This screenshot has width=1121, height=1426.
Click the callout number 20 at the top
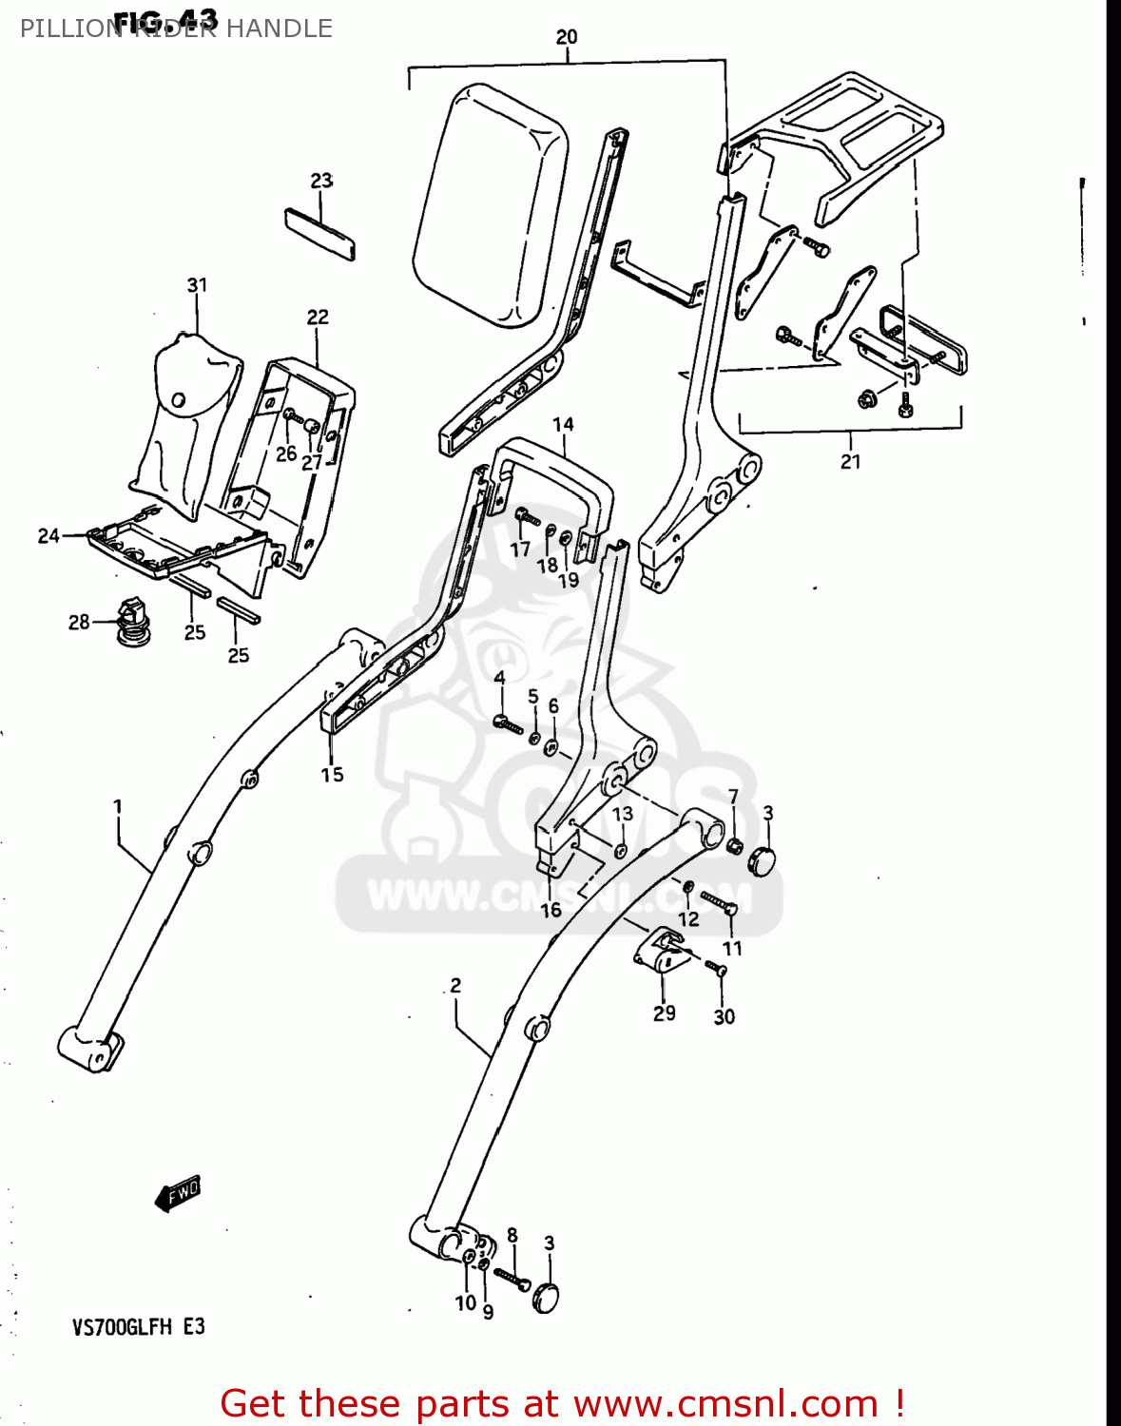pyautogui.click(x=567, y=37)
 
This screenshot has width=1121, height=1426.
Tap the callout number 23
pyautogui.click(x=321, y=181)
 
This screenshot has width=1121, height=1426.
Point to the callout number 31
pyautogui.click(x=197, y=285)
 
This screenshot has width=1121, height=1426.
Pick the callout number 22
pyautogui.click(x=318, y=318)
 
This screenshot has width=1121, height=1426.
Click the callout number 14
pyautogui.click(x=563, y=425)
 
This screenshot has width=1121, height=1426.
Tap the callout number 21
pyautogui.click(x=850, y=462)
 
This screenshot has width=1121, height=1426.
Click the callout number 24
pyautogui.click(x=48, y=536)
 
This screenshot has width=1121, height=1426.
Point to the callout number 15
pyautogui.click(x=332, y=775)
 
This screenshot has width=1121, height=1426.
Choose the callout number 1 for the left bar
pyautogui.click(x=118, y=807)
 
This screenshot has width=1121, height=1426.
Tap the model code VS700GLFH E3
pyautogui.click(x=138, y=1327)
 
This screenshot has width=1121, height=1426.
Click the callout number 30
pyautogui.click(x=725, y=1017)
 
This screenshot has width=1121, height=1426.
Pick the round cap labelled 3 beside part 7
pyautogui.click(x=762, y=860)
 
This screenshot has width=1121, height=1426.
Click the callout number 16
pyautogui.click(x=551, y=911)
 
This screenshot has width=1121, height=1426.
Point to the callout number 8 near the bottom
pyautogui.click(x=512, y=1236)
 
